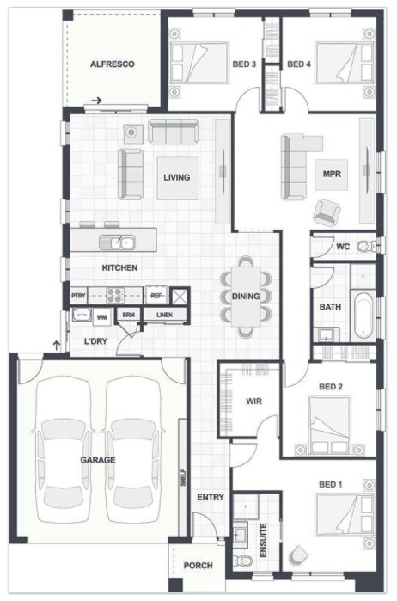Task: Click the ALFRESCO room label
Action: [x=113, y=64]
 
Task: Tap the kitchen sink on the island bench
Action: [x=117, y=242]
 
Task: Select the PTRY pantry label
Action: [x=78, y=296]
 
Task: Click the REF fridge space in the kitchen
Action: [x=156, y=296]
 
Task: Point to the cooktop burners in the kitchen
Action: [x=115, y=296]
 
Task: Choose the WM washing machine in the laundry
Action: [x=101, y=317]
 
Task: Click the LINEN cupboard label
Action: [x=164, y=315]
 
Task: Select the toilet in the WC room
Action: [x=364, y=247]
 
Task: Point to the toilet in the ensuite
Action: [x=243, y=561]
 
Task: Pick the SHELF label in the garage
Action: [x=183, y=478]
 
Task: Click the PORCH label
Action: [x=198, y=566]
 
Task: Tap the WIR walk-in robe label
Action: [x=253, y=402]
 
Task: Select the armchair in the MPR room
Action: [x=327, y=212]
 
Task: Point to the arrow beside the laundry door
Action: [x=57, y=346]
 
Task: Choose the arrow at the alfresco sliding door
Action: [x=96, y=101]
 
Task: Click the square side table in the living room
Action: [x=132, y=133]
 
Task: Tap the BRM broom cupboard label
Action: [x=129, y=315]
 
